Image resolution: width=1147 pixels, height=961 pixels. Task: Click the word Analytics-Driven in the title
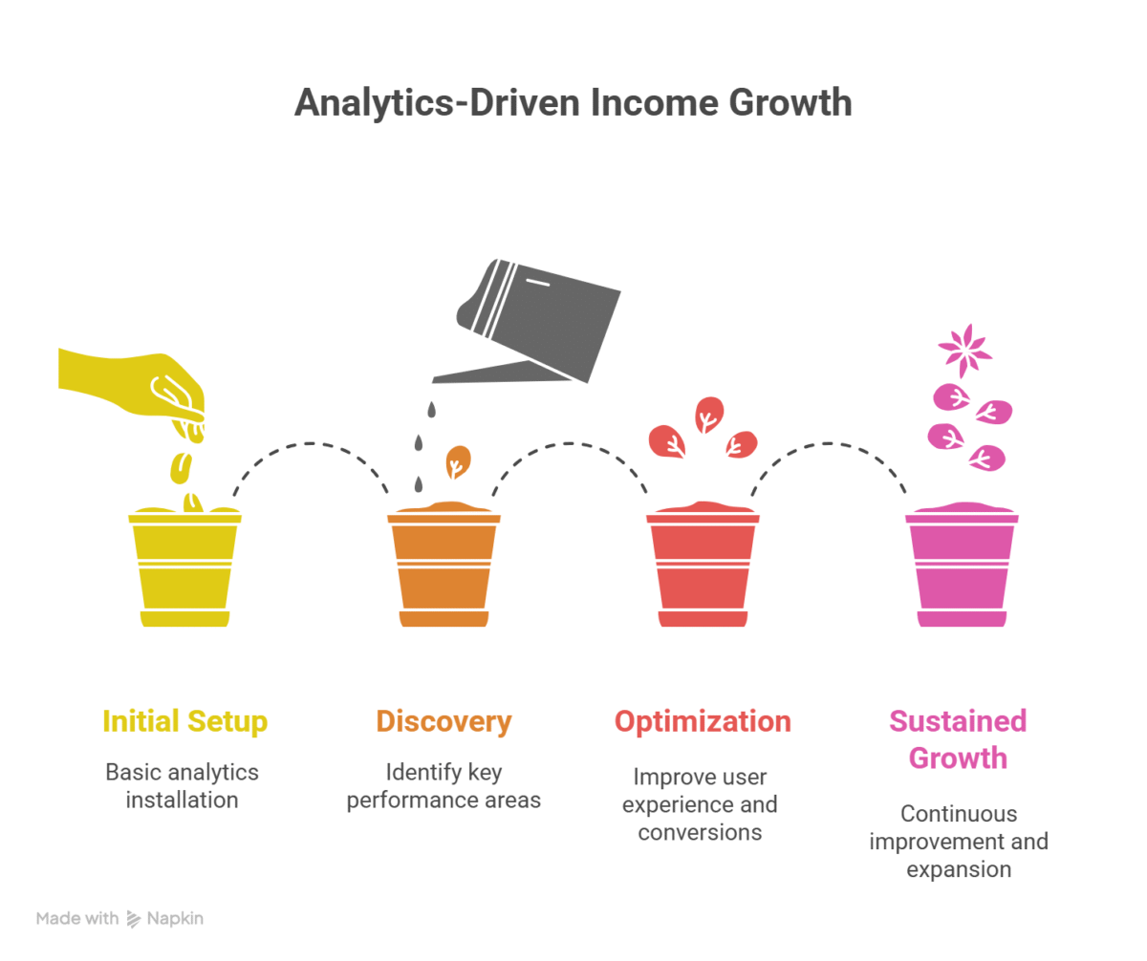[437, 103]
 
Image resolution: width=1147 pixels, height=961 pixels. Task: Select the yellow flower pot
[184, 566]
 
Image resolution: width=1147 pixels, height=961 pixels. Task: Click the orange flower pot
[444, 565]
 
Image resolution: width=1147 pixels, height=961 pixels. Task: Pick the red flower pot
[703, 565]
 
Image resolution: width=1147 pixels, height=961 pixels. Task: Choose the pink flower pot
[962, 565]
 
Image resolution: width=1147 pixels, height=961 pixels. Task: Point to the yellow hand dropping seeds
[132, 391]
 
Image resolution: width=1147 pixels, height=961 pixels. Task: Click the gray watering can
[528, 321]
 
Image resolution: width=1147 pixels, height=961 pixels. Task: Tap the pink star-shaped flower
[964, 351]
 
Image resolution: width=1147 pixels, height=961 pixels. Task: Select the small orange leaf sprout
[458, 461]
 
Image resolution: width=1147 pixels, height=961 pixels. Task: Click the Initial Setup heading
[185, 721]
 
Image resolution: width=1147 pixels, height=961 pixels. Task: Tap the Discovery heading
[444, 721]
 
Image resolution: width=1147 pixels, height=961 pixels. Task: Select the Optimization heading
[703, 721]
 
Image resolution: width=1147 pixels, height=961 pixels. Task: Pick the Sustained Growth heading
[958, 739]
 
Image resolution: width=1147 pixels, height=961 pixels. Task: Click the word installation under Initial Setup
[182, 800]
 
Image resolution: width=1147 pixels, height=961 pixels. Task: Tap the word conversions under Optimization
[700, 832]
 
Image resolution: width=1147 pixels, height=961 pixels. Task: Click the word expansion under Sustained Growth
[959, 870]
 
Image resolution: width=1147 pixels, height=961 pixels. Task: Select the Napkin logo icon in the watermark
[134, 919]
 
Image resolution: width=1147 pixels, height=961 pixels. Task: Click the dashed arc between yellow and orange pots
[311, 443]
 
